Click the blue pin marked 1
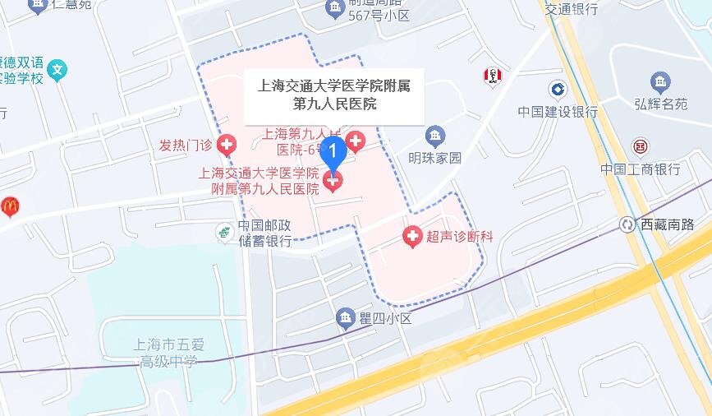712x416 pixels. click(x=333, y=153)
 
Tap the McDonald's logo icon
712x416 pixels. click(x=10, y=206)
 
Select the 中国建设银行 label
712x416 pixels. click(x=558, y=111)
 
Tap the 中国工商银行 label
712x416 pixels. click(x=640, y=169)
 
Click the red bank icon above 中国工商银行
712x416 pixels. click(x=640, y=147)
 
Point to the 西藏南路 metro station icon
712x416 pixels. click(x=627, y=224)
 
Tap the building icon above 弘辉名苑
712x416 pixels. click(x=659, y=81)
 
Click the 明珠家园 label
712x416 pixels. click(x=435, y=158)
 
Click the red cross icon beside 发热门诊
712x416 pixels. click(x=226, y=146)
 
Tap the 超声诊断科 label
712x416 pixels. click(x=459, y=237)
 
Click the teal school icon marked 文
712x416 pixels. click(x=57, y=69)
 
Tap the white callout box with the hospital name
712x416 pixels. click(x=335, y=93)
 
